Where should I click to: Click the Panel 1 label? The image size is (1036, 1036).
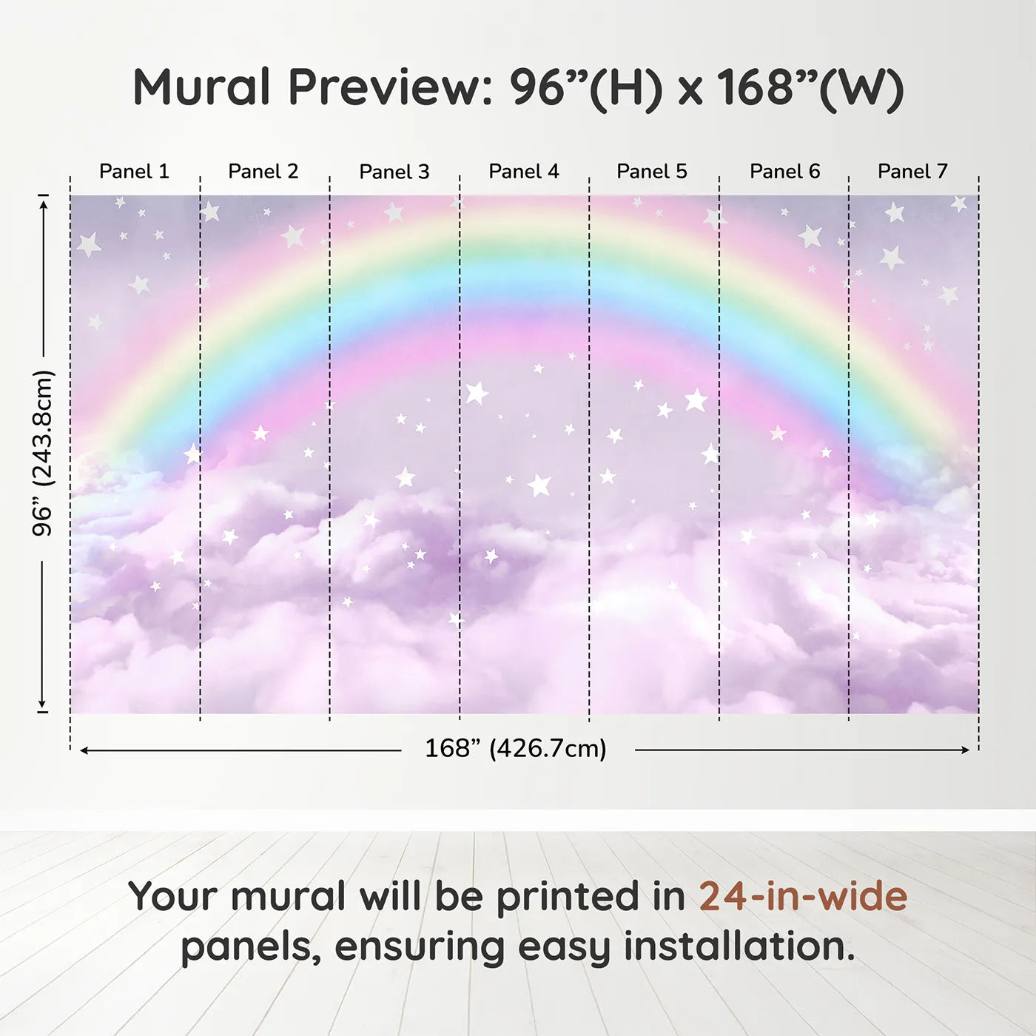(135, 172)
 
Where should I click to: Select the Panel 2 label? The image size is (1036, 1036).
(263, 172)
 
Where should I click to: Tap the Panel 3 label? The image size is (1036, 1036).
(394, 172)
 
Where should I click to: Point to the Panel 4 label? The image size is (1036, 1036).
(524, 172)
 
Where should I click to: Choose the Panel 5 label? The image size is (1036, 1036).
(652, 172)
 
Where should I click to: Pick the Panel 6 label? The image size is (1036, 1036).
(785, 172)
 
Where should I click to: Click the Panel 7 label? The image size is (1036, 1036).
(912, 172)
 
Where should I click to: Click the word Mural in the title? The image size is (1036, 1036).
(201, 87)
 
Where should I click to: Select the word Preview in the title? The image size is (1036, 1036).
(391, 87)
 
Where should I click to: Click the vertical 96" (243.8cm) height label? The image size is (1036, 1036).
(43, 453)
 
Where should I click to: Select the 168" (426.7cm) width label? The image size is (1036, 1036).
(516, 748)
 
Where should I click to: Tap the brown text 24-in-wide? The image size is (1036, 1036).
(803, 896)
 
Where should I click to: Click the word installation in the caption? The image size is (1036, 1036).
(739, 946)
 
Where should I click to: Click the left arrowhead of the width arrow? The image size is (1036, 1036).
(84, 750)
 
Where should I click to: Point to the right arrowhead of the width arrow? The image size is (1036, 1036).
(966, 750)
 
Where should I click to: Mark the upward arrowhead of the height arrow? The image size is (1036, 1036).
(44, 204)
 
